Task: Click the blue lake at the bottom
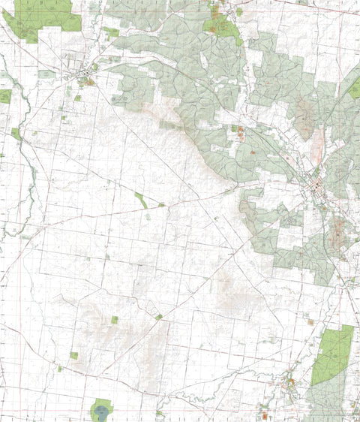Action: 101,411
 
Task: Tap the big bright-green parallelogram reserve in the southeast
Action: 331,354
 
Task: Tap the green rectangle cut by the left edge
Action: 4,96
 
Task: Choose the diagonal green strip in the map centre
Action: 141,200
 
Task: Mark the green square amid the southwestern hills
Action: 115,320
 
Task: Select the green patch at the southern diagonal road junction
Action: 159,317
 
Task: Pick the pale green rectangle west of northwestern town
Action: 46,74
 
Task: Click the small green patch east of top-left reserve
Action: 112,32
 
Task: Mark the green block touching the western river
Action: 16,134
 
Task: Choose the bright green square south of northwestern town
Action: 77,98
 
